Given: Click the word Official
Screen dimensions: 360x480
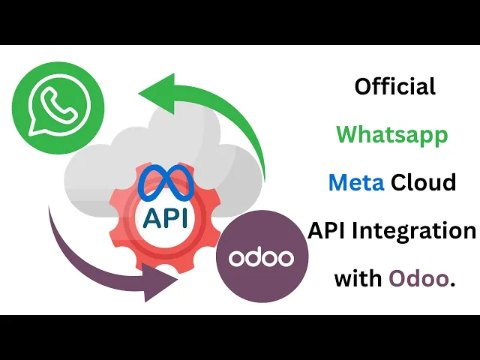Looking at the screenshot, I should click(x=394, y=87).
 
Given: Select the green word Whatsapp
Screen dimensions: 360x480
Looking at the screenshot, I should click(x=391, y=135).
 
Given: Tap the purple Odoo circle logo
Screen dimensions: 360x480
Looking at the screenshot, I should click(x=260, y=257).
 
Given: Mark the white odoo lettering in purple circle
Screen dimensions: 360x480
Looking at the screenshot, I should click(x=260, y=258).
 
